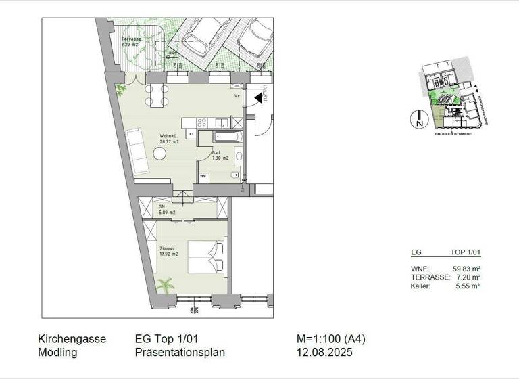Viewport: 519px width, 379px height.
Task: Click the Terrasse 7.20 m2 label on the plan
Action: (x=132, y=42)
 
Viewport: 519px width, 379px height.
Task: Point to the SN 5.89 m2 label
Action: (x=166, y=210)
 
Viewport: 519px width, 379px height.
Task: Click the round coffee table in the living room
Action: (x=159, y=154)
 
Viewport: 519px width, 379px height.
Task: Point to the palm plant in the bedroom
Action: (x=164, y=286)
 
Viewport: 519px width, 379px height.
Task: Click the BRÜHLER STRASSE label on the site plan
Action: (x=452, y=134)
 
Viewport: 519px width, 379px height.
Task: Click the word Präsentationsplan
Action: (x=180, y=353)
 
